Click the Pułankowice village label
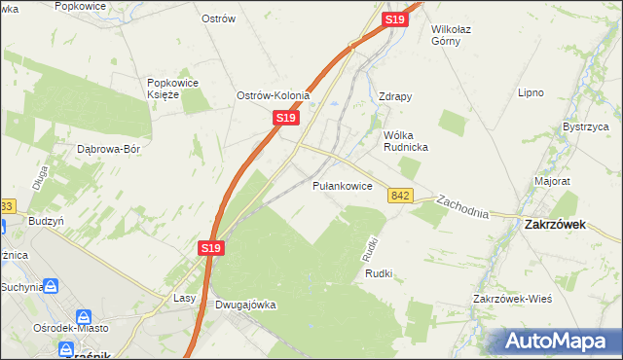[343, 185]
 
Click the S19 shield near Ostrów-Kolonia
[283, 117]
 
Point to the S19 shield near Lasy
[213, 249]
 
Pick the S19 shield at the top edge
[395, 19]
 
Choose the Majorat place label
[552, 181]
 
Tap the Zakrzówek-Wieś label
[512, 299]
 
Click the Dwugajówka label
[244, 305]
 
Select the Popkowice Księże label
[172, 89]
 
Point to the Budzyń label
[46, 221]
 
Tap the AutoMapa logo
[563, 341]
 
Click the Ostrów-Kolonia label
[274, 95]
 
